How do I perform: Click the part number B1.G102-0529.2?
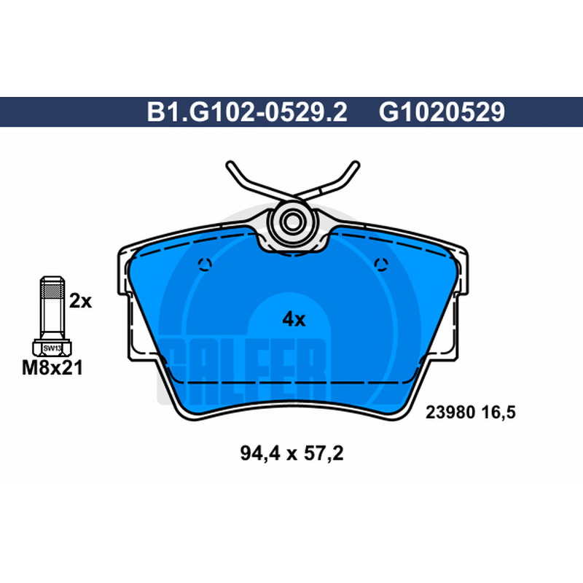pos(247,111)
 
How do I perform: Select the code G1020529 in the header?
pos(442,111)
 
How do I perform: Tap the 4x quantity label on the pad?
pos(294,319)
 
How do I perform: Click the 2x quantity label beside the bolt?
pos(80,301)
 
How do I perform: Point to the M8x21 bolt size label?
pos(52,368)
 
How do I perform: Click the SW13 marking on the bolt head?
pos(52,348)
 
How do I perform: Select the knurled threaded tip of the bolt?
pos(52,287)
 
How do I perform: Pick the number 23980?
pos(450,412)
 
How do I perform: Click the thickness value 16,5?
pos(499,412)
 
